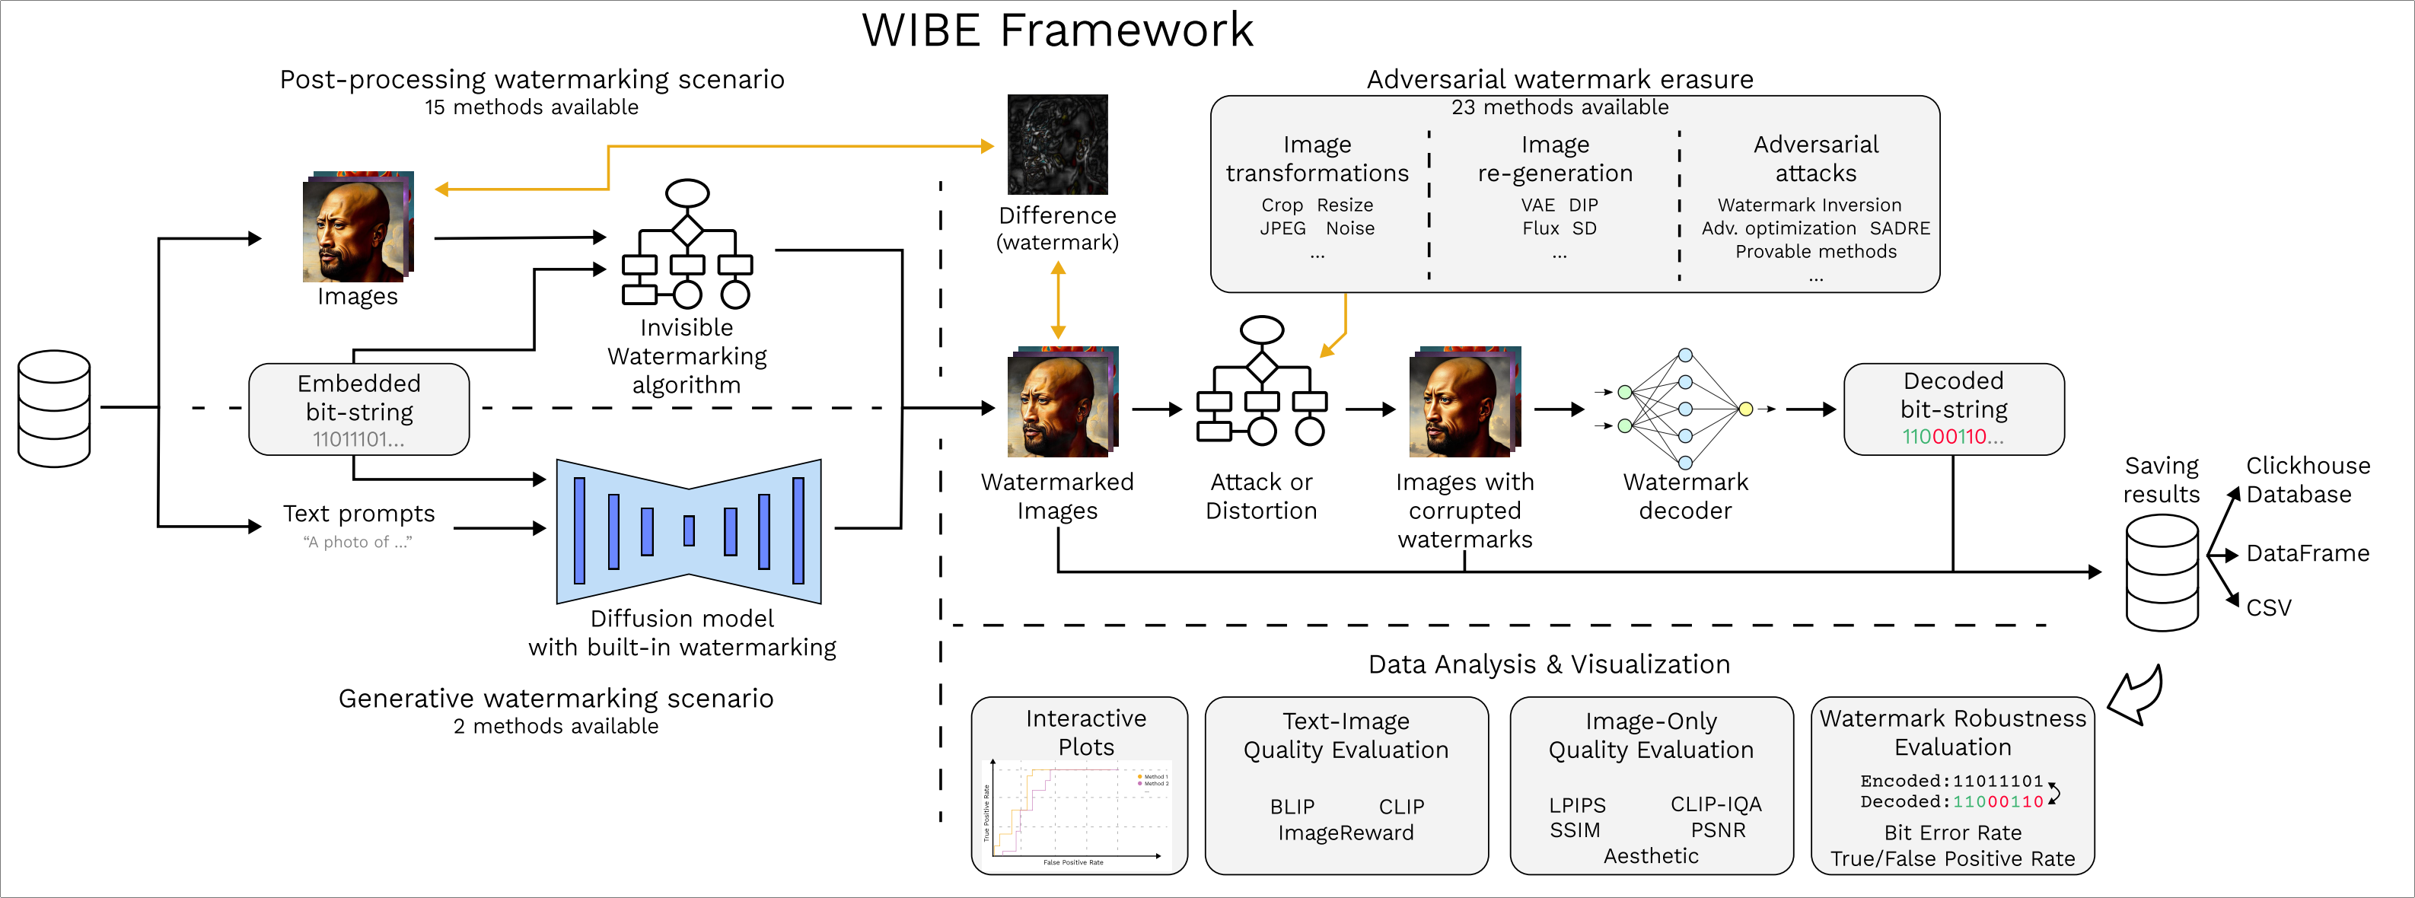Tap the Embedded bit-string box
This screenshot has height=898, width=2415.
coord(359,409)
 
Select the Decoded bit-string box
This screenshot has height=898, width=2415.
coord(1953,409)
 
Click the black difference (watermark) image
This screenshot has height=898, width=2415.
coord(1056,145)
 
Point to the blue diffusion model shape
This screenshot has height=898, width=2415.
coord(688,530)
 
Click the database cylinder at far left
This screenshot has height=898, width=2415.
coord(54,409)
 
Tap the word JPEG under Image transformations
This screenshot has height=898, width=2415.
coord(1282,229)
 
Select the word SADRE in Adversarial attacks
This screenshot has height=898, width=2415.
coord(1900,229)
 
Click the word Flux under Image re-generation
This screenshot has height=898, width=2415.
coord(1540,229)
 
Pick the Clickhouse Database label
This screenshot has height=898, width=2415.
coord(2307,480)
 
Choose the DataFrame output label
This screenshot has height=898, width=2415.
coord(2307,554)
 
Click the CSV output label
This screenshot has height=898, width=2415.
coord(2269,608)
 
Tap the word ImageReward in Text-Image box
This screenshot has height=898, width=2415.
coord(1346,833)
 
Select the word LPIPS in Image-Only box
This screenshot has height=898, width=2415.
coord(1577,806)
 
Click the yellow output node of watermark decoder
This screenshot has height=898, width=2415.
coord(1746,409)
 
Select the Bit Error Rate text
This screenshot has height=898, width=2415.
coord(1953,833)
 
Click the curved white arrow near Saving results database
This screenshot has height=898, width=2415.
coord(2136,696)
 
